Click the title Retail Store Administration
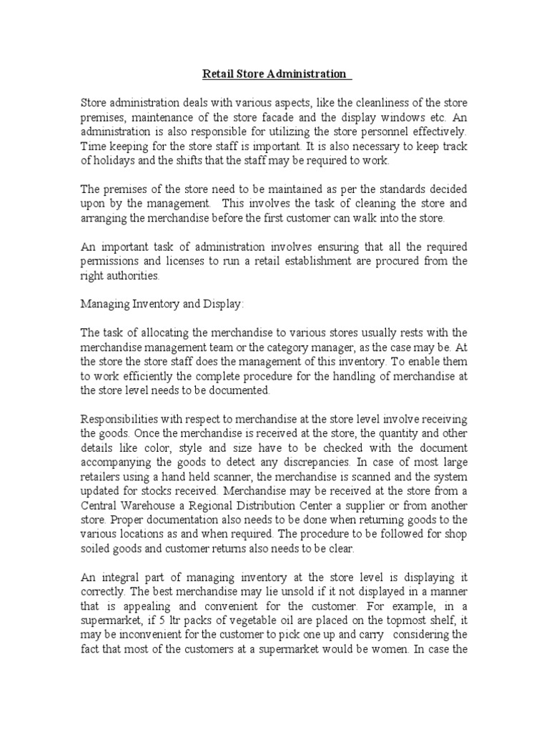(x=274, y=74)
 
